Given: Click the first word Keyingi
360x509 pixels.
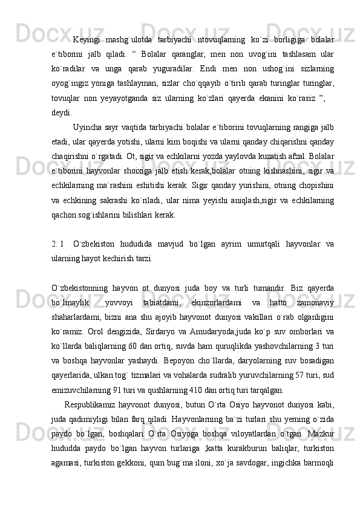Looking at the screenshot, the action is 86,41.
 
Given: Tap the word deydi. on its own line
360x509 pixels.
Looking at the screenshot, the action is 61,111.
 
